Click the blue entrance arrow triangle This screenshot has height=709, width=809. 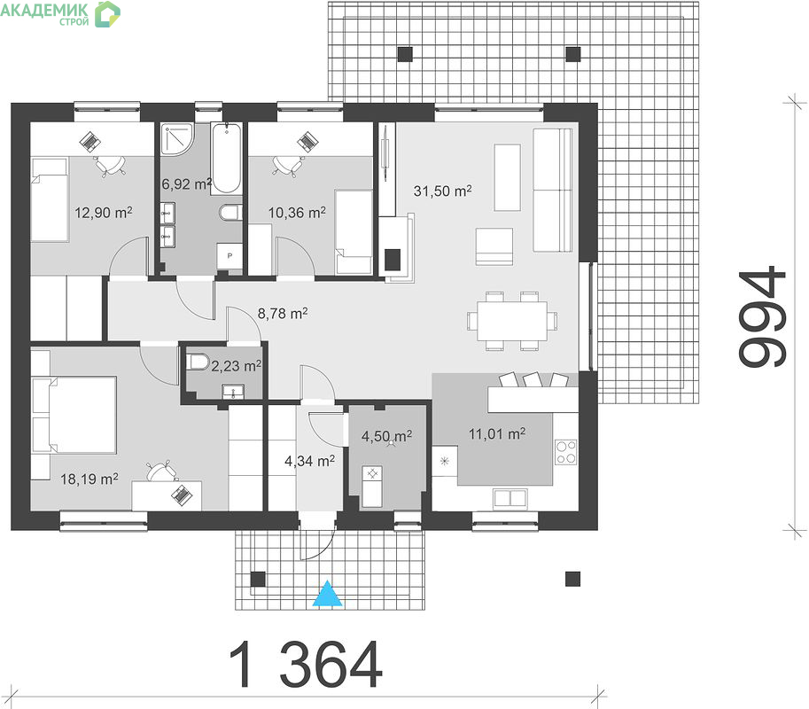(328, 594)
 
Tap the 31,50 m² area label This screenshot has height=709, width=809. (442, 191)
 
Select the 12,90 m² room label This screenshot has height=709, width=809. (103, 212)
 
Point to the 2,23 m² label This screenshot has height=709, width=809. (236, 366)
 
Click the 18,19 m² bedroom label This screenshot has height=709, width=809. (89, 479)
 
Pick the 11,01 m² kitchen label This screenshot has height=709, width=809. (497, 434)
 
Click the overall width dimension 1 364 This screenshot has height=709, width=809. (306, 664)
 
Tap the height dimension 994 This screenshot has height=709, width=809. (762, 316)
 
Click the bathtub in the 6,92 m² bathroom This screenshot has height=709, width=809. (226, 158)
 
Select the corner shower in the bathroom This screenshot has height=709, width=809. (176, 139)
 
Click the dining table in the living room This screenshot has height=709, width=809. (512, 321)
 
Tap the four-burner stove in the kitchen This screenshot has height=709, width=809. (566, 452)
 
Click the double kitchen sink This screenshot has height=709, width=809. (510, 498)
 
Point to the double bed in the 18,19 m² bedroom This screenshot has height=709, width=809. (74, 415)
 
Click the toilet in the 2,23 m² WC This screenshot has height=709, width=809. (198, 362)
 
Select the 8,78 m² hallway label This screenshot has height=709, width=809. (283, 313)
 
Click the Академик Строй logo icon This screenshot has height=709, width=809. (107, 14)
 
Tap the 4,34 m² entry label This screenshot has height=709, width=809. (309, 461)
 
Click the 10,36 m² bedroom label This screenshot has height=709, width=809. (297, 212)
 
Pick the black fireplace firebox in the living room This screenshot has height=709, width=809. (393, 260)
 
